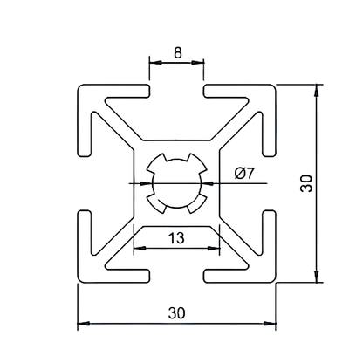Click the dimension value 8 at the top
coord(177,52)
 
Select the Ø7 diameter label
coord(245,173)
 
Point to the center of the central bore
coord(177,184)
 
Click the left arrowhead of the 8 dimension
coord(154,63)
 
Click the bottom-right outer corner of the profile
coord(276,282)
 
